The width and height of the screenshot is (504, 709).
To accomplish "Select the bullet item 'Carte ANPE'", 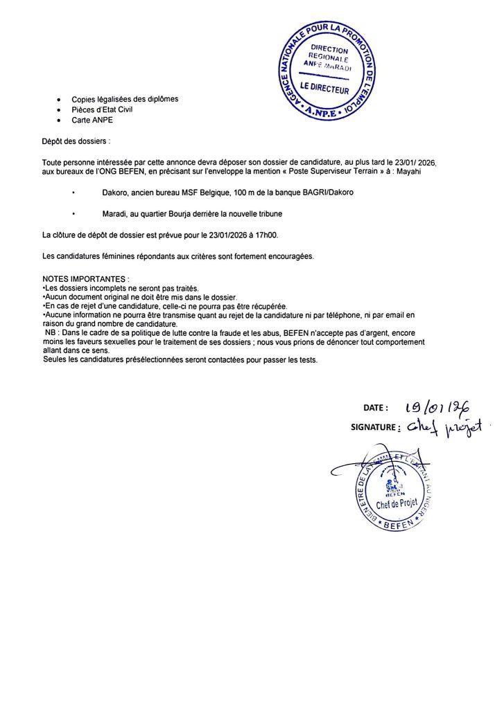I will [92, 120].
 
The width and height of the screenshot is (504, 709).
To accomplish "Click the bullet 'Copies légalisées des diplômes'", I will [125, 99].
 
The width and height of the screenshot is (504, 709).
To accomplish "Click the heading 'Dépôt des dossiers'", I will [75, 141].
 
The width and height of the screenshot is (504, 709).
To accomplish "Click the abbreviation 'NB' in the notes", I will [49, 333].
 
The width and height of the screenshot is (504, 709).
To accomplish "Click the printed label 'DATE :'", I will [376, 408].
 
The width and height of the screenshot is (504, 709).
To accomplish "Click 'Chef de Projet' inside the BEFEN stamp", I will [397, 503].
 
